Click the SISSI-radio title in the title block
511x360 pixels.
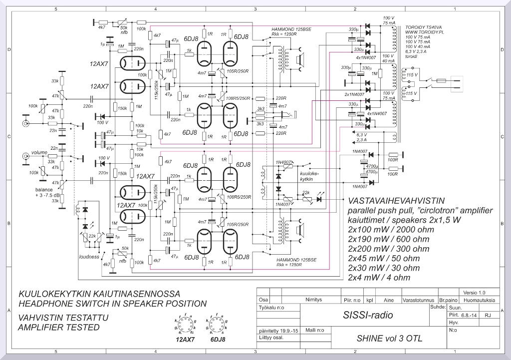click(x=368, y=315)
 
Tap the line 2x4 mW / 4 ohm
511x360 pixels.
click(x=379, y=277)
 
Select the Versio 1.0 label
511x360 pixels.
click(x=474, y=293)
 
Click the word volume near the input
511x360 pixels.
click(x=38, y=152)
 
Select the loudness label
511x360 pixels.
click(x=89, y=257)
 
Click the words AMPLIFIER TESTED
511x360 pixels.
click(x=58, y=328)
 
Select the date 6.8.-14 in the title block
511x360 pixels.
click(x=469, y=316)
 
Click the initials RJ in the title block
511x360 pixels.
click(x=488, y=316)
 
